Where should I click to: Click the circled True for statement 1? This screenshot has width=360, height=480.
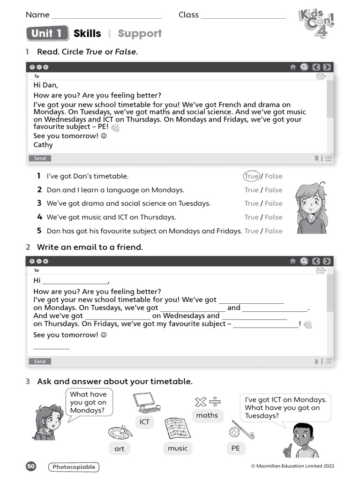pos(251,176)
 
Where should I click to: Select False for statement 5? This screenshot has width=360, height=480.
pos(274,231)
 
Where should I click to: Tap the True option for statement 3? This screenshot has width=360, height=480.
pos(251,203)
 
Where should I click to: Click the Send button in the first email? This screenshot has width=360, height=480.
pos(40,158)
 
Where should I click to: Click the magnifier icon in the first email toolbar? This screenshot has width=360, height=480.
pos(304,67)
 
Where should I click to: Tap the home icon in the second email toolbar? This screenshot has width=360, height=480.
pos(293,261)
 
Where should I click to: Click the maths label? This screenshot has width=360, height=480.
pos(207,415)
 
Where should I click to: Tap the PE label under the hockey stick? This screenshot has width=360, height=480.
pos(236,448)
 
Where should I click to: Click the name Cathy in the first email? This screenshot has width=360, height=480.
pos(43,145)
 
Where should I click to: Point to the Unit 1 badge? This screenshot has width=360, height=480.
pos(47,33)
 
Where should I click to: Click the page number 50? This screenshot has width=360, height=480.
pos(31,466)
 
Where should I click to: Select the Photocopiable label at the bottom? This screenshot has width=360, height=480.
pos(74,467)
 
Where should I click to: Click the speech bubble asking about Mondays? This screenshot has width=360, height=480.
pos(88,402)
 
